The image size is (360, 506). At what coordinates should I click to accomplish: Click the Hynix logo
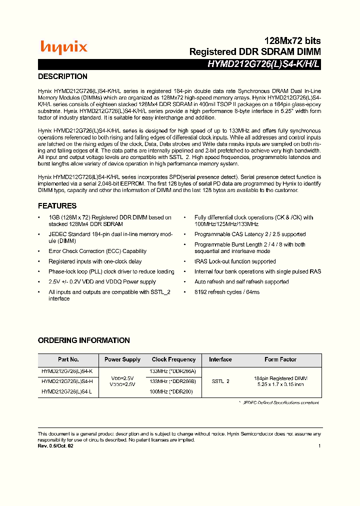click(63, 47)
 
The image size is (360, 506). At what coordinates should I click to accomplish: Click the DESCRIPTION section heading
click(62, 76)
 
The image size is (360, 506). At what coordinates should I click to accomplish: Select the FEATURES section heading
click(57, 206)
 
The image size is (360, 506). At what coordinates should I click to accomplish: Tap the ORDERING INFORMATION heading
click(83, 340)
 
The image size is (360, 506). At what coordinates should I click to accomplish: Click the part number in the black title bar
click(264, 64)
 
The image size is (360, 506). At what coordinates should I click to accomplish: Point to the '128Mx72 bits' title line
click(292, 40)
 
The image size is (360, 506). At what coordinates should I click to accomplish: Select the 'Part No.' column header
click(68, 359)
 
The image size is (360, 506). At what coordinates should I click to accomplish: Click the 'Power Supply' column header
click(122, 359)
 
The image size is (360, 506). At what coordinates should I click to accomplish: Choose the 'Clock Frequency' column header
click(173, 359)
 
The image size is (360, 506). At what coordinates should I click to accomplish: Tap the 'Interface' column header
click(220, 359)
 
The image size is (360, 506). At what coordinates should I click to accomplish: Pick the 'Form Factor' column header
click(280, 359)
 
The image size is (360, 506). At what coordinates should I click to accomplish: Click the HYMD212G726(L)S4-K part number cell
click(67, 371)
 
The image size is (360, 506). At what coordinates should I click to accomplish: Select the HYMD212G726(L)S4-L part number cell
click(67, 391)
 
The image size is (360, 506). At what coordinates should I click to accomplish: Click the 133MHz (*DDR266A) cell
click(173, 371)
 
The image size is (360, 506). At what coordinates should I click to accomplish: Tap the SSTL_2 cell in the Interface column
click(220, 381)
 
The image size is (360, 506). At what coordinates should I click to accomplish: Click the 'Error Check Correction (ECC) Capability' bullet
click(97, 251)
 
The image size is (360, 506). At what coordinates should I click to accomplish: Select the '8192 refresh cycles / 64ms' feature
click(227, 292)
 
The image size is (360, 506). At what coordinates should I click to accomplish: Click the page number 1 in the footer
click(319, 446)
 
